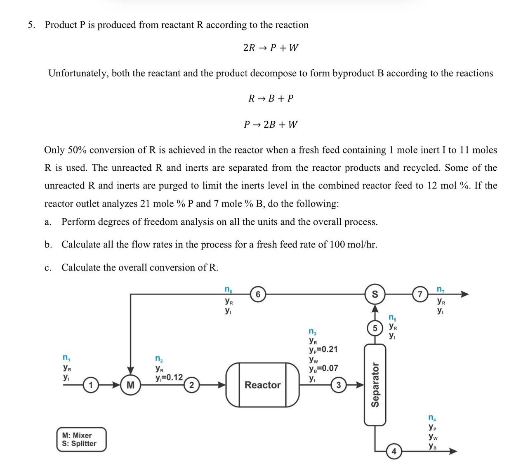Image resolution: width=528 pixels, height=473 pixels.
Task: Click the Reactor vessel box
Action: pyautogui.click(x=262, y=384)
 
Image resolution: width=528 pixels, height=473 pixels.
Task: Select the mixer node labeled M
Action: pyautogui.click(x=131, y=386)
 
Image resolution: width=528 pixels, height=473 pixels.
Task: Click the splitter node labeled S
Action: pyautogui.click(x=375, y=294)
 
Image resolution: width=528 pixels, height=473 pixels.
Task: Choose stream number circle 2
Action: pyautogui.click(x=191, y=386)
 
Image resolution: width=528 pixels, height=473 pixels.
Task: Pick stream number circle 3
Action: pyautogui.click(x=339, y=386)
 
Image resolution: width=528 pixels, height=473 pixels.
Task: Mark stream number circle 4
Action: pyautogui.click(x=394, y=452)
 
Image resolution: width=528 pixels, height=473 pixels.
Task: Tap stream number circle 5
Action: pyautogui.click(x=375, y=328)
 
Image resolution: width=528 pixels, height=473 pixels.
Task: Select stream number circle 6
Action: pyautogui.click(x=257, y=294)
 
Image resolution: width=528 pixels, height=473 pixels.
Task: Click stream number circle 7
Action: pyautogui.click(x=420, y=294)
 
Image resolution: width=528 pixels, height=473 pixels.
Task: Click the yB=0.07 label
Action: pyautogui.click(x=323, y=368)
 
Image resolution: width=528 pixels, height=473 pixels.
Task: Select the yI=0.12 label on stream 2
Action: pyautogui.click(x=169, y=377)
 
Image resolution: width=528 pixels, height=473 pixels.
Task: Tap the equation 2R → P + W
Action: pyautogui.click(x=271, y=48)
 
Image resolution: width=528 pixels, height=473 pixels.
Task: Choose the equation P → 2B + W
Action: pyautogui.click(x=271, y=124)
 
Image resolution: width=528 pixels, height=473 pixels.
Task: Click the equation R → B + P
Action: pyautogui.click(x=271, y=99)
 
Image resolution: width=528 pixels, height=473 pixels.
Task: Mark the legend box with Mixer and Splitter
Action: pyautogui.click(x=81, y=439)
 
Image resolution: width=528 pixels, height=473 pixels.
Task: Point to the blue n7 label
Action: pyautogui.click(x=441, y=289)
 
